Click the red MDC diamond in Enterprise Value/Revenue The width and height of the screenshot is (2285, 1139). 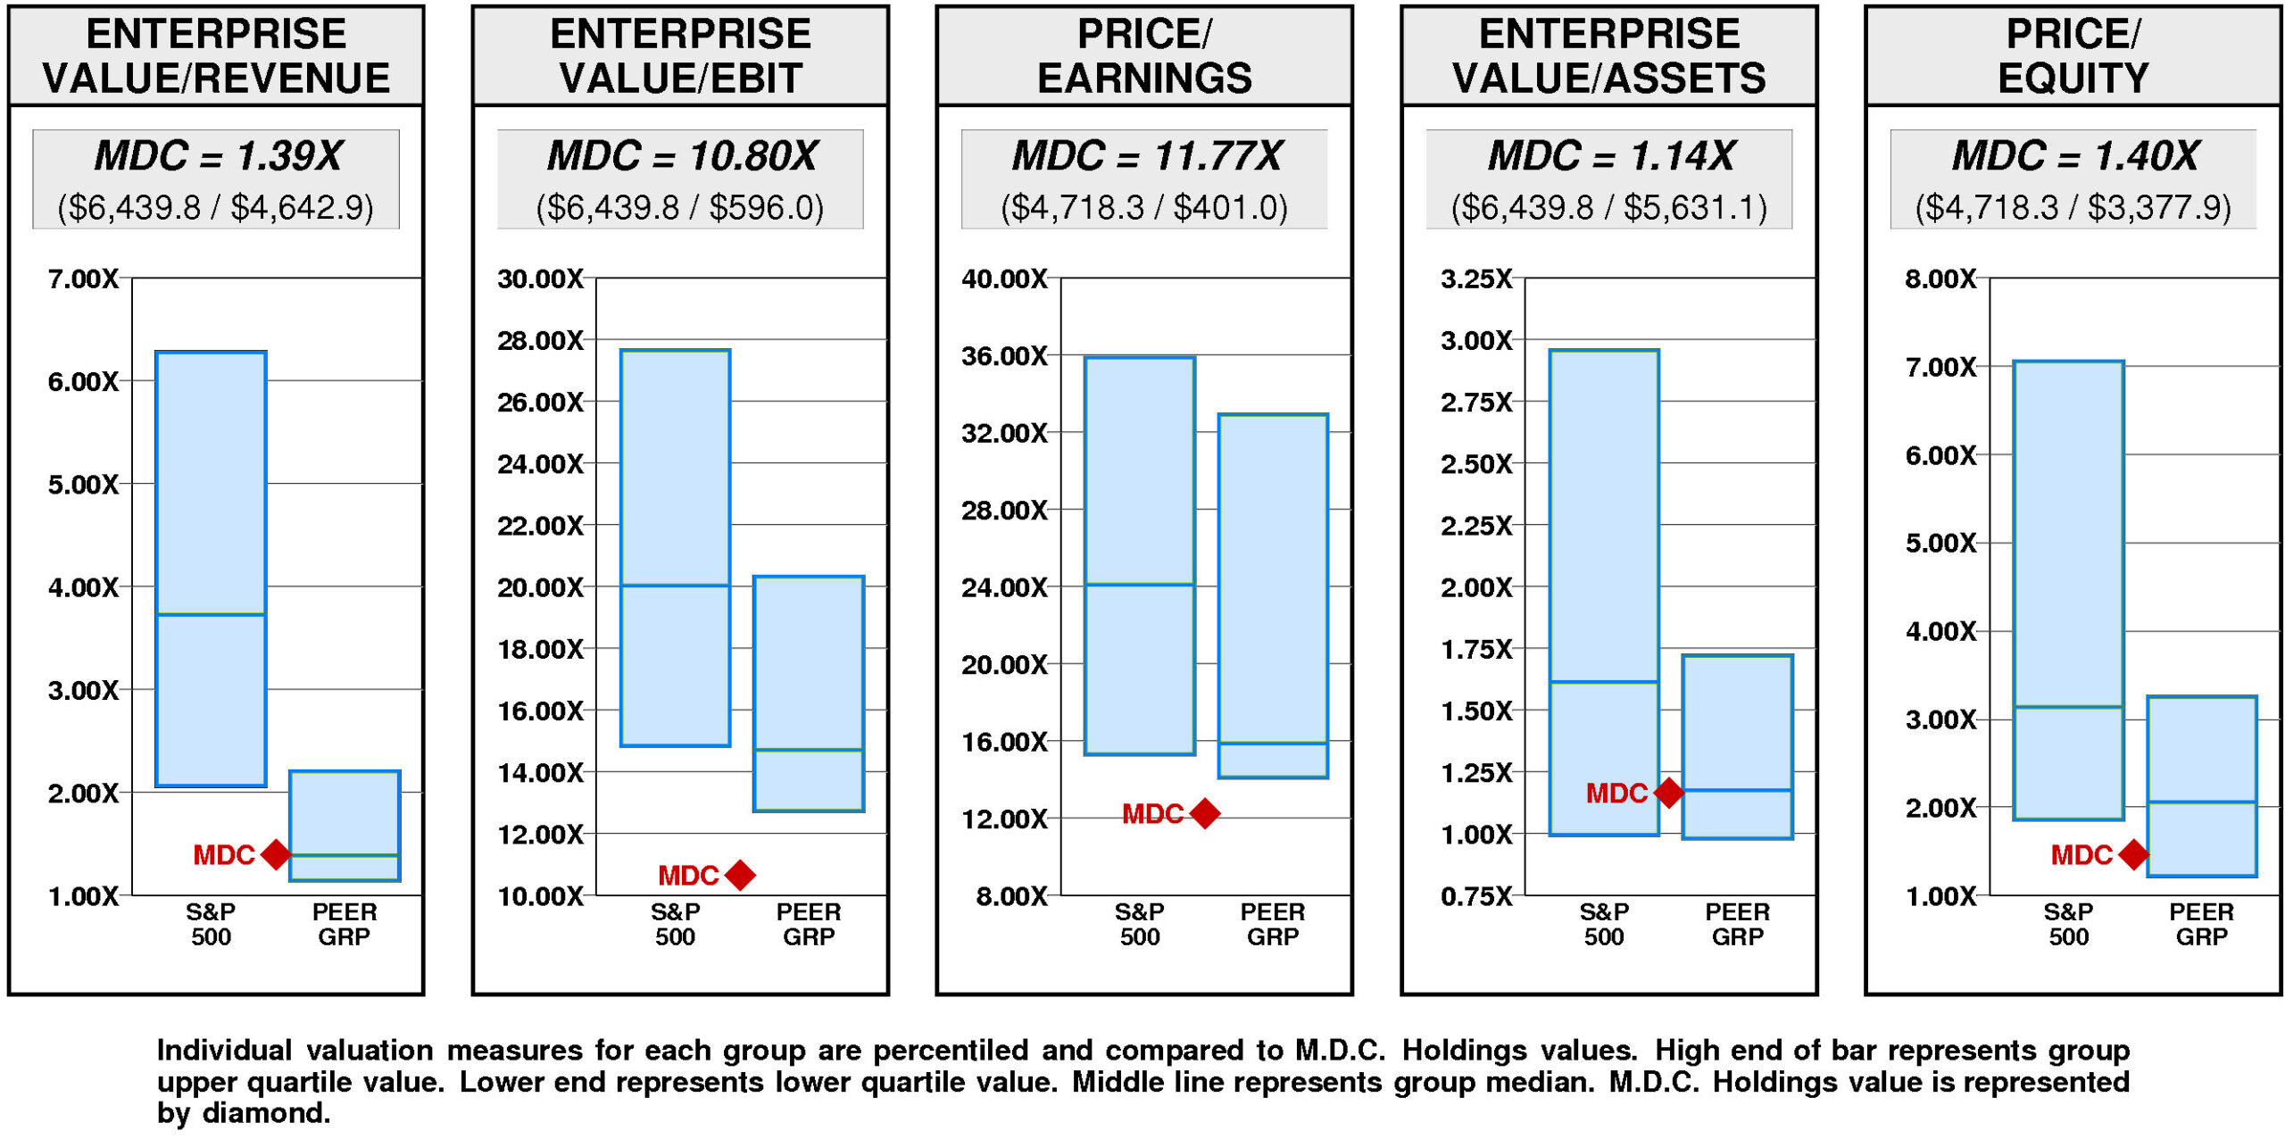[276, 854]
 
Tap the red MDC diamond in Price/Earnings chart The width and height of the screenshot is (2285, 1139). [1205, 813]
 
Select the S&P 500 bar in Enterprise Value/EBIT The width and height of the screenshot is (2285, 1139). [676, 547]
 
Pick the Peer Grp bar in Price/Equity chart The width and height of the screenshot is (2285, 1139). [2202, 786]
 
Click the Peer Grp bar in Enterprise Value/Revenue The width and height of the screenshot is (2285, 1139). [345, 825]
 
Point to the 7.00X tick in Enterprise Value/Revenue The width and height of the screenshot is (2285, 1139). [83, 279]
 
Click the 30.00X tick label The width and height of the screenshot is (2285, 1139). [540, 279]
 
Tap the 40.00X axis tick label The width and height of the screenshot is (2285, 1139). [1004, 279]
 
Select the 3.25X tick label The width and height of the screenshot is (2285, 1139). [1476, 279]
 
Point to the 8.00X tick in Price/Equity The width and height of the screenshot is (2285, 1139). [1940, 279]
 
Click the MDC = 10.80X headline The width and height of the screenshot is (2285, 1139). [681, 156]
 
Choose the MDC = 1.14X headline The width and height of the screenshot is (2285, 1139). [1610, 156]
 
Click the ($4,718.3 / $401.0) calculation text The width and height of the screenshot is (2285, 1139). [1144, 208]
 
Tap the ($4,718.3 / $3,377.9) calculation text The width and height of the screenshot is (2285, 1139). [2073, 208]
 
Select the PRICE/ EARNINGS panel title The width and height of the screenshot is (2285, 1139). [1144, 55]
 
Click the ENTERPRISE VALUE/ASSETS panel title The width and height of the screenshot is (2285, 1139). [1609, 55]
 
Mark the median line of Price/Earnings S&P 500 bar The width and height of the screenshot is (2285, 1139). [1140, 585]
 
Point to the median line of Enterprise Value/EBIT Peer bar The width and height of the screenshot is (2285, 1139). [809, 750]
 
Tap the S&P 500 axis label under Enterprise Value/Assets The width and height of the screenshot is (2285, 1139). [1604, 924]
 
